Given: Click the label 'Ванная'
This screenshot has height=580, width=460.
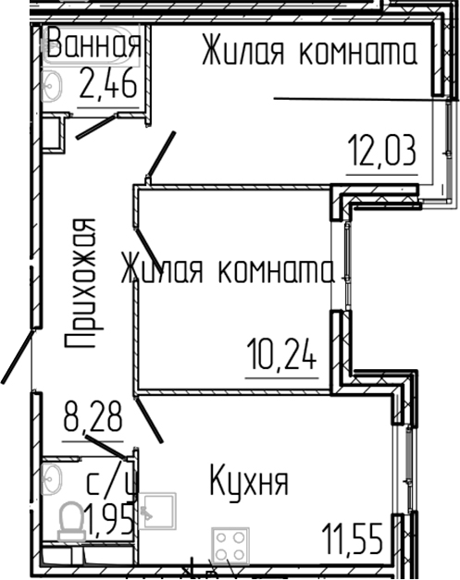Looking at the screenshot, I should (x=93, y=44).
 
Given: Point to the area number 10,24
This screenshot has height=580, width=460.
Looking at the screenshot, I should (x=282, y=352).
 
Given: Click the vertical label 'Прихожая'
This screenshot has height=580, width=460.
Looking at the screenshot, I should (x=81, y=282).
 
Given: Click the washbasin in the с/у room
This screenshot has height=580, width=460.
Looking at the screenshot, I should (x=52, y=480).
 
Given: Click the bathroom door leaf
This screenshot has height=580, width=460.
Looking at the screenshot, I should (x=96, y=126).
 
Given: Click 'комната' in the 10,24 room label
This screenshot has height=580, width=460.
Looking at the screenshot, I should (x=276, y=271).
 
